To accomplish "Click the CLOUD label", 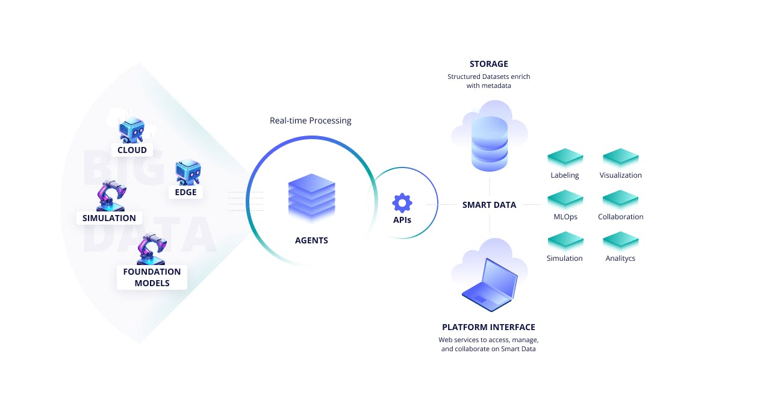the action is (132, 150).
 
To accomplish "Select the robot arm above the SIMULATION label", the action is (111, 195).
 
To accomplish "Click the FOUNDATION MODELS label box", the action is (152, 277).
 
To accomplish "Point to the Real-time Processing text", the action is (310, 120).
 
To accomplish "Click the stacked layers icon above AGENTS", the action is (311, 198).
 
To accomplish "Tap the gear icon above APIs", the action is (402, 203).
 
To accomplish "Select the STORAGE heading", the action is (489, 64).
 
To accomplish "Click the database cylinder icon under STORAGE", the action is (490, 144).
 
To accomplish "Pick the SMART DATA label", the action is (489, 205).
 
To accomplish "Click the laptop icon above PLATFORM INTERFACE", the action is (490, 285).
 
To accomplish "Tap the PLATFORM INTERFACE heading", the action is (488, 327).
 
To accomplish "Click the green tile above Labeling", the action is (565, 158).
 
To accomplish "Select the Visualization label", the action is (620, 175).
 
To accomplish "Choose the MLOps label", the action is (565, 217).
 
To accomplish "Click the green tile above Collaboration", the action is (620, 199).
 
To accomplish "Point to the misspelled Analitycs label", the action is (620, 258).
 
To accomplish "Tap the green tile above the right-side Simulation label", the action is (565, 241).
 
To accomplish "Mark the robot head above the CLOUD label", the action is (131, 130).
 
